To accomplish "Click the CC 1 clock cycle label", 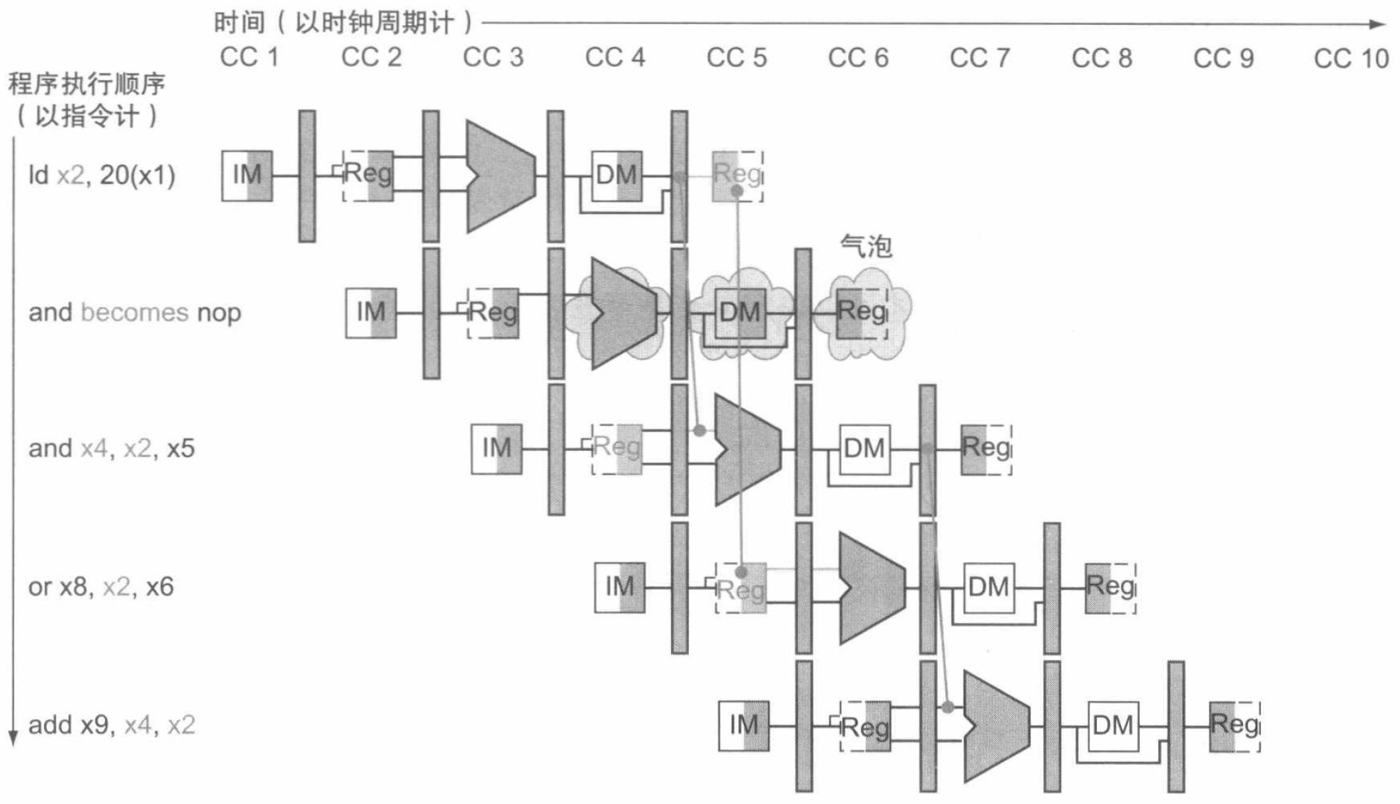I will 249,58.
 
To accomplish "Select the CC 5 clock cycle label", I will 736,58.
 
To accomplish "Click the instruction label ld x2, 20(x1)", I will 101,175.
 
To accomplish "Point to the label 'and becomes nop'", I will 135,312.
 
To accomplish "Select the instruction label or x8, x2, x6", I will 101,586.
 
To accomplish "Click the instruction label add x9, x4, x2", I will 111,725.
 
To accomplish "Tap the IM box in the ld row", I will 247,175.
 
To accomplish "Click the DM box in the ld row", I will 616,175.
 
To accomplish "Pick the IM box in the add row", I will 743,726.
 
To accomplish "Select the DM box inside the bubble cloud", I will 740,312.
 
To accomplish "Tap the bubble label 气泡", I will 866,246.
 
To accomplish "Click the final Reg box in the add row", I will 1235,726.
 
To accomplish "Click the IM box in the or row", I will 619,587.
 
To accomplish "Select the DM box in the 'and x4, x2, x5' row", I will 864,449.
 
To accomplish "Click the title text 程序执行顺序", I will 86,85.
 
